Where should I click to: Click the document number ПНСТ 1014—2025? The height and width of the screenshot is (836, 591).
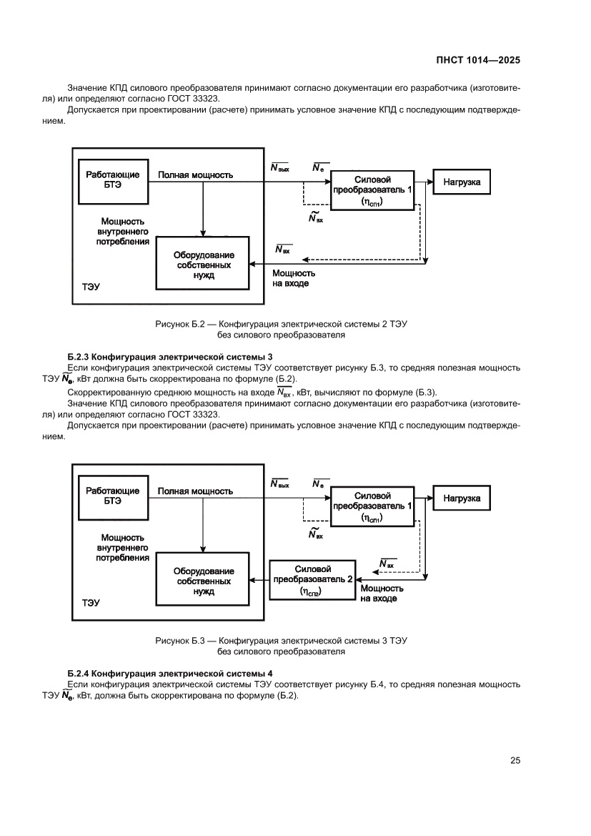(478, 61)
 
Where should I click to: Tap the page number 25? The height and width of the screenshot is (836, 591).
(515, 760)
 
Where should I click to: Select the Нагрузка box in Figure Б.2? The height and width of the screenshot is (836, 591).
(461, 182)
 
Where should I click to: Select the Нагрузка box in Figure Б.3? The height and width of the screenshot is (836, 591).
(461, 498)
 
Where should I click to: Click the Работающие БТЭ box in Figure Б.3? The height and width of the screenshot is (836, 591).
(112, 496)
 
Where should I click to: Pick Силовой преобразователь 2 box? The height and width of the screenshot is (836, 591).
(312, 580)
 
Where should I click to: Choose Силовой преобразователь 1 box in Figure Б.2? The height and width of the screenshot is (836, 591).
(372, 190)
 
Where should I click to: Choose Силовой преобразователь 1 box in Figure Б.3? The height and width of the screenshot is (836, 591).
(372, 506)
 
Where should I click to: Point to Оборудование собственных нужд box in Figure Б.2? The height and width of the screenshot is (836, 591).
(203, 262)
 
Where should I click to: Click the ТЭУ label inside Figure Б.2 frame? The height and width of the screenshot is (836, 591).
(91, 287)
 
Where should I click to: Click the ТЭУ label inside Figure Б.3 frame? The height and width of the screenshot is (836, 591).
(91, 603)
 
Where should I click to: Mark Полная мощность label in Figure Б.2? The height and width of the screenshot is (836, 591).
(195, 174)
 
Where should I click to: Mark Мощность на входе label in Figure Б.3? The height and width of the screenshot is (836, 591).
(382, 593)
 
